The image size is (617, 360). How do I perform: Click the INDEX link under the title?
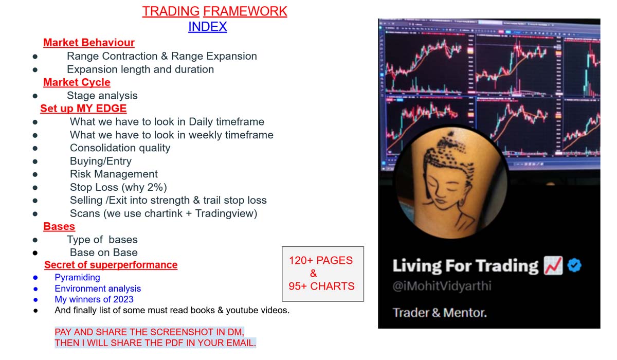point(207,26)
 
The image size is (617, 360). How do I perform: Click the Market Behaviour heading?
point(89,43)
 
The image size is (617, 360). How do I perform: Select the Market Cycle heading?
point(77,82)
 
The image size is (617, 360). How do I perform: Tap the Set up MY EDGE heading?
point(83,109)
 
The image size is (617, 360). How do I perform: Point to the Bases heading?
point(59,226)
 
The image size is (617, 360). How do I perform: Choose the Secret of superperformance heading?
point(111,265)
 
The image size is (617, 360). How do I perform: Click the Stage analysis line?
point(102,96)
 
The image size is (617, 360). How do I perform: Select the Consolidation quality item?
point(120,148)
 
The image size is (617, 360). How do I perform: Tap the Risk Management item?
point(114,174)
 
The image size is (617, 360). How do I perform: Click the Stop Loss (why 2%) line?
point(118,187)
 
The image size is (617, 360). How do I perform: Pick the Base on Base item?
point(103,253)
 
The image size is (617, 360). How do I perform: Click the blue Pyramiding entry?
point(77,278)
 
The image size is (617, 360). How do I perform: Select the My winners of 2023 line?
point(94,299)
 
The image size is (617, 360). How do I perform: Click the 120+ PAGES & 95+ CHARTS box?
point(322,274)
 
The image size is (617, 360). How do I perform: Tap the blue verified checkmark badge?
point(574,265)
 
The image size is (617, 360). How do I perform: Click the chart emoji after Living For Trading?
point(553,265)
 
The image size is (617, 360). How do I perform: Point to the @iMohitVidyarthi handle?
point(442,286)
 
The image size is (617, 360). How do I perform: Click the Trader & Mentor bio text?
point(440,312)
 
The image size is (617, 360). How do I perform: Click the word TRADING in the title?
point(171,11)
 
